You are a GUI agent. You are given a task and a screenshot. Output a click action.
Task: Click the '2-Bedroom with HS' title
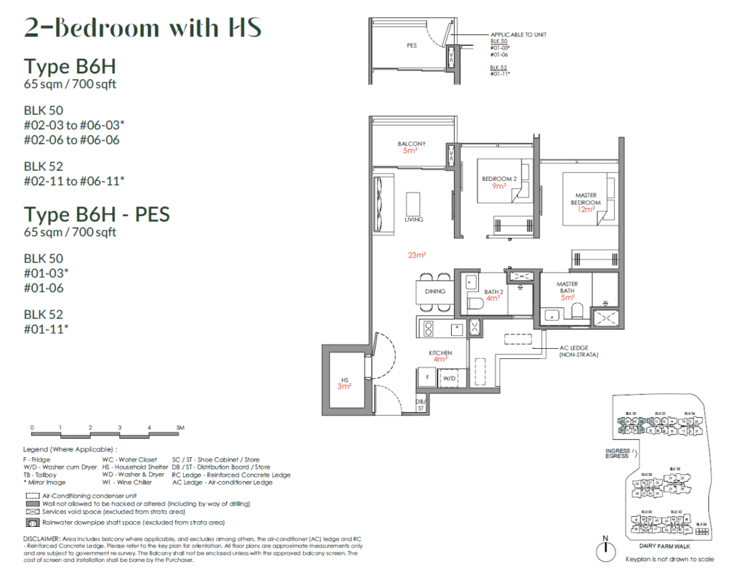coord(142,28)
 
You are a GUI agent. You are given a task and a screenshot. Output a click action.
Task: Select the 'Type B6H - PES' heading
coord(97,214)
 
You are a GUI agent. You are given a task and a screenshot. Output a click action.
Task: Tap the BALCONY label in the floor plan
coord(411,144)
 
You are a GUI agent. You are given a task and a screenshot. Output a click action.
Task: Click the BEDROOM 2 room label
coord(498,180)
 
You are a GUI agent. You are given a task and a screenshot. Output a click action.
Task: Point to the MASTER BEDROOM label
coord(586,198)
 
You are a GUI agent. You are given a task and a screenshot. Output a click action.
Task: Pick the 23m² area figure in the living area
coord(416,255)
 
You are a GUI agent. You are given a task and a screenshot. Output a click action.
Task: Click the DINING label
coord(434,291)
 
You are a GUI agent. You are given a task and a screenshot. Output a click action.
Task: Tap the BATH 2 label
coord(493,293)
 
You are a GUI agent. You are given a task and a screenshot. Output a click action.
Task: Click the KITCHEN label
coord(440,353)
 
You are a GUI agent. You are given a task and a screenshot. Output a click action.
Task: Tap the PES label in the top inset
coord(411,46)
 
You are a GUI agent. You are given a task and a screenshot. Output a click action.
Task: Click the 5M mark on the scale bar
coord(179,427)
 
